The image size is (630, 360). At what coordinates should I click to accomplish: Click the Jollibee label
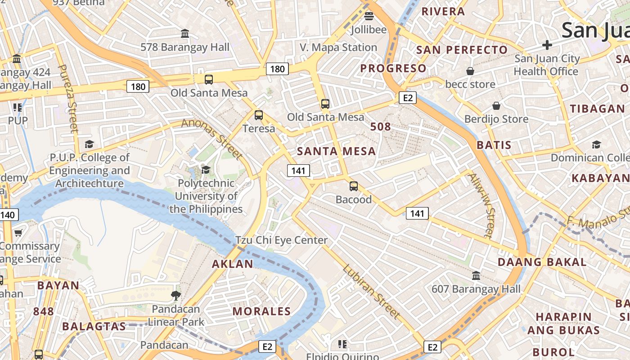[x=369, y=30]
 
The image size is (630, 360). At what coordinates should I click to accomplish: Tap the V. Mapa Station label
[x=338, y=47]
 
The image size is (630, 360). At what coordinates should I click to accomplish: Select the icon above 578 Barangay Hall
[x=185, y=34]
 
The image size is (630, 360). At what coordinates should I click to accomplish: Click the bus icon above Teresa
[x=259, y=115]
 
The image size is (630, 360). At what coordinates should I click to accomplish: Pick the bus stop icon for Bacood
[x=354, y=186]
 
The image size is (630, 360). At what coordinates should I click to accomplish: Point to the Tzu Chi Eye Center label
[x=282, y=240]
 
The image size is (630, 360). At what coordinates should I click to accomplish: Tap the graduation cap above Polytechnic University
[x=206, y=170]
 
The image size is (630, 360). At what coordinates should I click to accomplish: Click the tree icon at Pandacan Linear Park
[x=176, y=296]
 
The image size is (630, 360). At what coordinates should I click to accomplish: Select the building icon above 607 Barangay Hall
[x=476, y=275]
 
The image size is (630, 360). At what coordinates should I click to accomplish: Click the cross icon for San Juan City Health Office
[x=547, y=45]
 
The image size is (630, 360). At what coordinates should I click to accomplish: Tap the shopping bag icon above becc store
[x=470, y=71]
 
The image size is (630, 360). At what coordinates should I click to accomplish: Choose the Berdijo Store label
[x=496, y=119]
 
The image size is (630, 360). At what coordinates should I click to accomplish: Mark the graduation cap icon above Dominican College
[x=596, y=144]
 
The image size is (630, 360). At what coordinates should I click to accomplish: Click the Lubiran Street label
[x=371, y=291]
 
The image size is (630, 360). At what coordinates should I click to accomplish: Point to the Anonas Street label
[x=212, y=139]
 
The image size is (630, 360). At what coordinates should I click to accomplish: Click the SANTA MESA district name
[x=337, y=151]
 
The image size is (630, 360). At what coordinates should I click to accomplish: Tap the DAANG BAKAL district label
[x=542, y=262]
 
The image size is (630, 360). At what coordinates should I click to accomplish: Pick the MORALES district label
[x=261, y=311]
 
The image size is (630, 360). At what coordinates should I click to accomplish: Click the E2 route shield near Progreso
[x=407, y=98]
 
